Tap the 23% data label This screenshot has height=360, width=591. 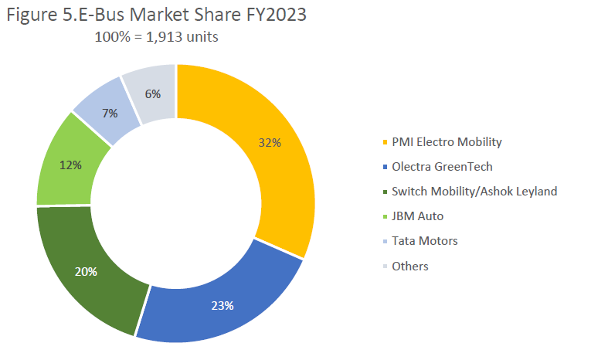pos(222,305)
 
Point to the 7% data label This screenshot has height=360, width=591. pos(109,114)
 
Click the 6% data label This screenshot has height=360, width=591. pos(152,94)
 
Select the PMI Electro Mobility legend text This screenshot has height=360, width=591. pos(447,142)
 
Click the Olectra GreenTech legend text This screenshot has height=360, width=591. pos(442,167)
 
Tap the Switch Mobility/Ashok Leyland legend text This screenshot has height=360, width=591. pos(474,192)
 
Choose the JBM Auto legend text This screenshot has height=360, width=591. pos(417,216)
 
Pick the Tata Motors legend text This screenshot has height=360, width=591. pos(425,241)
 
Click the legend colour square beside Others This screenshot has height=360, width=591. pos(385,267)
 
